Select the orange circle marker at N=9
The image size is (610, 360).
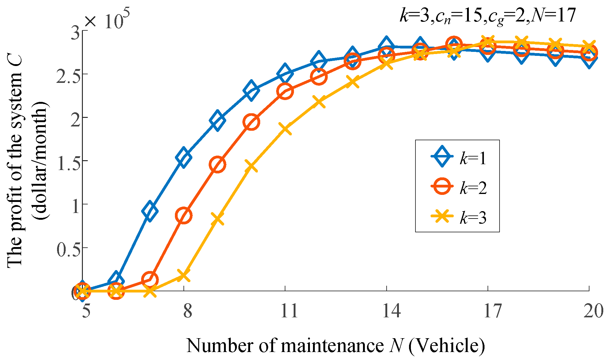click(218, 165)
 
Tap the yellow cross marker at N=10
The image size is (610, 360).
click(251, 166)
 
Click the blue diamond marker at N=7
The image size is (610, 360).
click(150, 211)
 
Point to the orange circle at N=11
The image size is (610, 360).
click(285, 91)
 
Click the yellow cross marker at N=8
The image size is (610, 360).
click(183, 275)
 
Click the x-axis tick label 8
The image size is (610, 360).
click(187, 311)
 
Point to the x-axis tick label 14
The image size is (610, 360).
click(391, 311)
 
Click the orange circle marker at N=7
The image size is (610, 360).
click(150, 280)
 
